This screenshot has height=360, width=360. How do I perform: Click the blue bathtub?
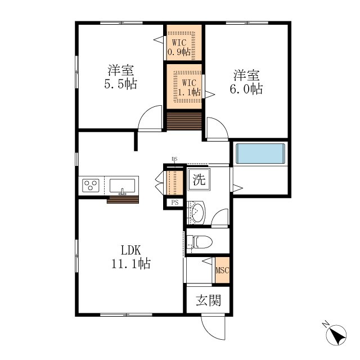(260, 154)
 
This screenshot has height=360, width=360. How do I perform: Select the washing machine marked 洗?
(199, 179)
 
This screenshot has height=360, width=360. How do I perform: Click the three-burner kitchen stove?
(91, 186)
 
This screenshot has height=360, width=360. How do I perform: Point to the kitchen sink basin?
(122, 186)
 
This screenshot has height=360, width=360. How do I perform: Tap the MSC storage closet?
(222, 270)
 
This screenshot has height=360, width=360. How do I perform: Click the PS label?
(175, 202)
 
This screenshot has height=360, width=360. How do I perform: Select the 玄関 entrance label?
(209, 300)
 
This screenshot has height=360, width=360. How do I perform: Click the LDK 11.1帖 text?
(131, 257)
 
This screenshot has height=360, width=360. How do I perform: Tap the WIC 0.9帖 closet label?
(179, 47)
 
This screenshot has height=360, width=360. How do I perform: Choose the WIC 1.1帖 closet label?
(189, 88)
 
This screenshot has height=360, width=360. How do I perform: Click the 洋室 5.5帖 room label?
(121, 77)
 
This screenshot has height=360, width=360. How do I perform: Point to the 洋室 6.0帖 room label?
(246, 82)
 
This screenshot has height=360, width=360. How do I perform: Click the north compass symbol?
(337, 334)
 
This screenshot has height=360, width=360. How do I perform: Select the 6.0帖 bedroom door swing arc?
(221, 124)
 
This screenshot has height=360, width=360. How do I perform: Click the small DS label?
(174, 159)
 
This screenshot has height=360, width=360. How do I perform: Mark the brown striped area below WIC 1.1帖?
(184, 121)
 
